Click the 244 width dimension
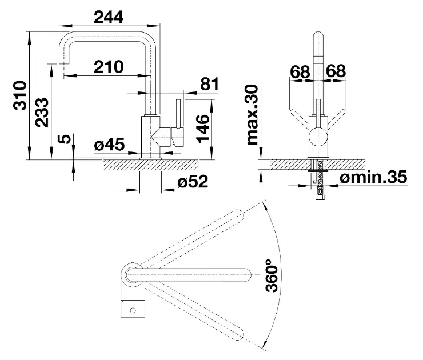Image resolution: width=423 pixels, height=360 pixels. [109, 18]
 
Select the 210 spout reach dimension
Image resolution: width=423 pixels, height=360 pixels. [109, 67]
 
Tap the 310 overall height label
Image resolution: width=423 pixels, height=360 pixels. [20, 95]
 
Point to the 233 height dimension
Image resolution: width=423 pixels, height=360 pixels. [42, 113]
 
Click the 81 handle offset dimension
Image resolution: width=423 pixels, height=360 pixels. [209, 84]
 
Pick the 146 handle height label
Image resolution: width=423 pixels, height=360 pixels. [202, 129]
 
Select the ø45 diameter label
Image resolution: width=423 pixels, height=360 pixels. [110, 144]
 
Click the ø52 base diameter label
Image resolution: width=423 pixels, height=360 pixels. [193, 181]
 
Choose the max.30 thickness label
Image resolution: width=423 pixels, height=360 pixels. [253, 115]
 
